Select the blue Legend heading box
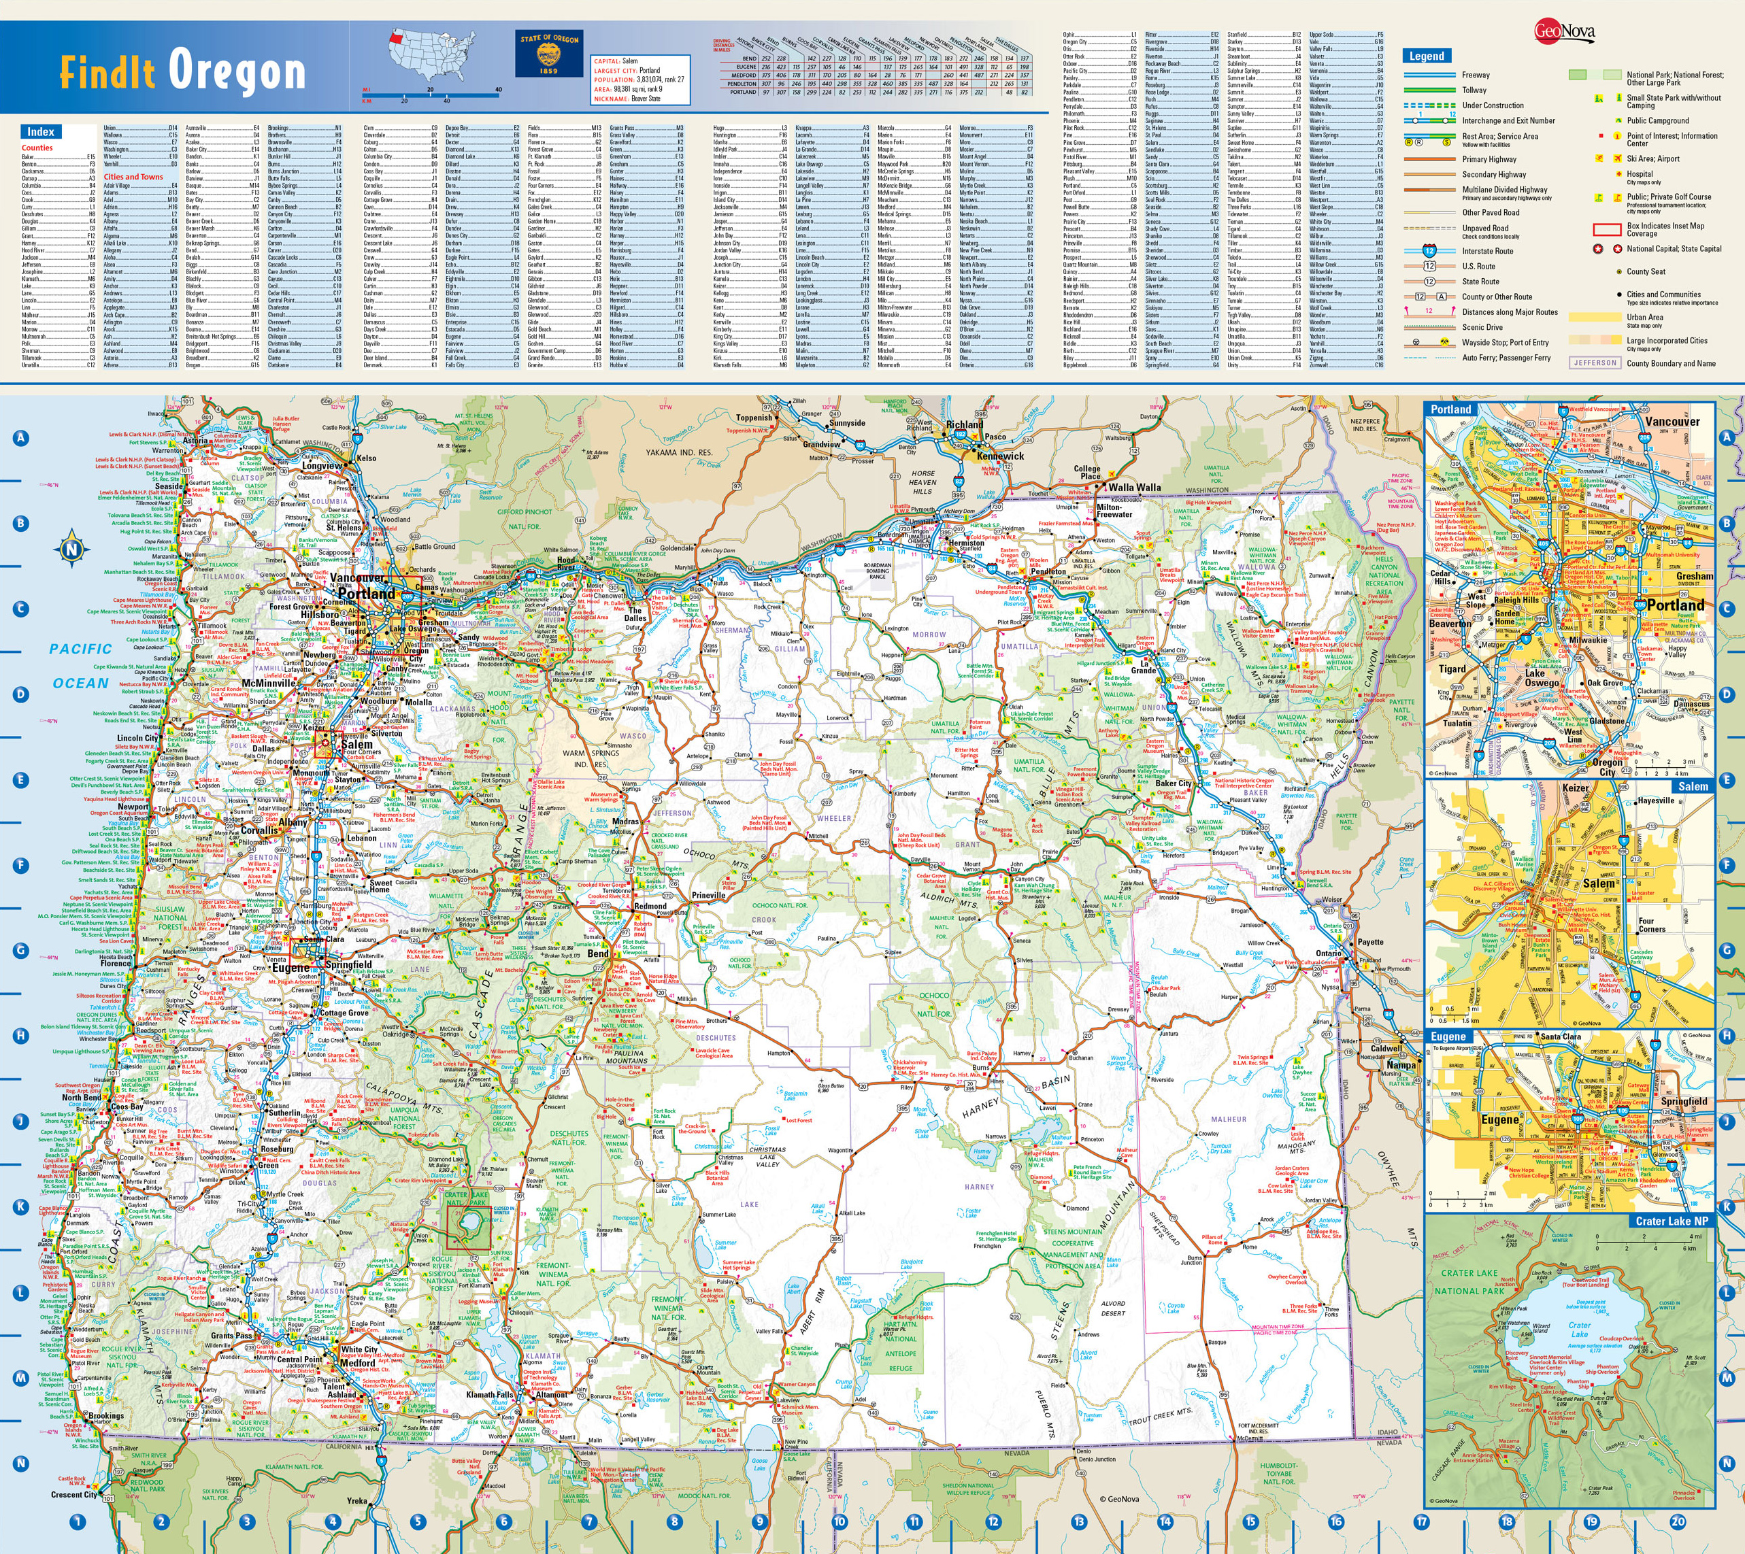pyautogui.click(x=1427, y=56)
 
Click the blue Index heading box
pyautogui.click(x=40, y=131)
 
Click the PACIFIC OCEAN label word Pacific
pyautogui.click(x=80, y=649)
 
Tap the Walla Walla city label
pyautogui.click(x=1134, y=488)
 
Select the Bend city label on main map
pyautogui.click(x=598, y=953)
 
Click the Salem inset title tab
pyautogui.click(x=1693, y=786)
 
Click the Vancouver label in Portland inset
pyautogui.click(x=1672, y=422)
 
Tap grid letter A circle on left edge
pyautogui.click(x=21, y=438)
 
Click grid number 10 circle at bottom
pyautogui.click(x=840, y=1521)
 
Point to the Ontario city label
pyautogui.click(x=1328, y=953)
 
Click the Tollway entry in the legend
pyautogui.click(x=1474, y=90)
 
